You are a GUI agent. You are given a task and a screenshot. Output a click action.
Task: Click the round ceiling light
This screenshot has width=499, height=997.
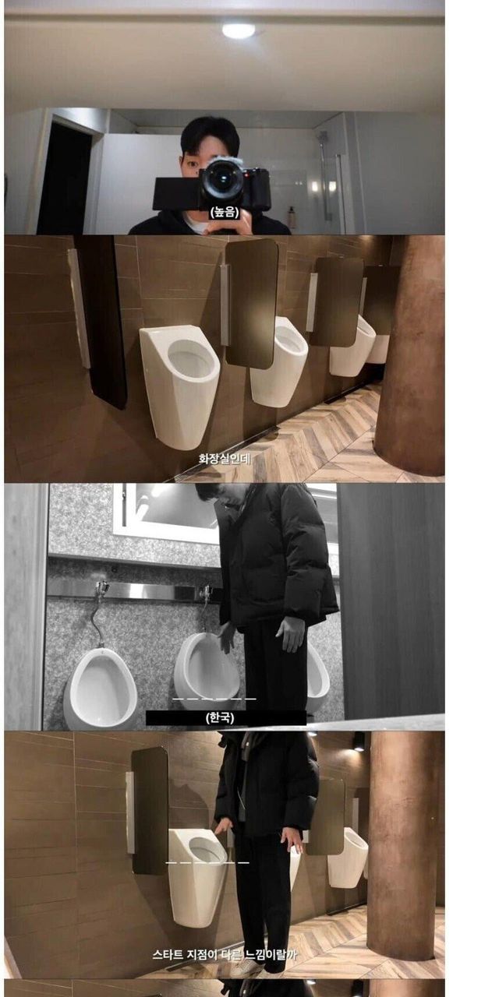(239, 30)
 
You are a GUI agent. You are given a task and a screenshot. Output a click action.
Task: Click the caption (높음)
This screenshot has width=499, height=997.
(225, 213)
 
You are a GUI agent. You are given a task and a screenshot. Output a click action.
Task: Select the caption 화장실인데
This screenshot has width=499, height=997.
(225, 458)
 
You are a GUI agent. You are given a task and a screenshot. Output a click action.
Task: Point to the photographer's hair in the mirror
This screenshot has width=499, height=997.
(211, 133)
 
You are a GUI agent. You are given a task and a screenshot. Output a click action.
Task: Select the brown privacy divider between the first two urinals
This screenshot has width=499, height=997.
(252, 303)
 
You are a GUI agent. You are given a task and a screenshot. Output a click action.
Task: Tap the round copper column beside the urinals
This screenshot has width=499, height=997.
(410, 356)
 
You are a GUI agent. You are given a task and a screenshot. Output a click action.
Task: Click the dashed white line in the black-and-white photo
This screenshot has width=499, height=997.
(214, 699)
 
